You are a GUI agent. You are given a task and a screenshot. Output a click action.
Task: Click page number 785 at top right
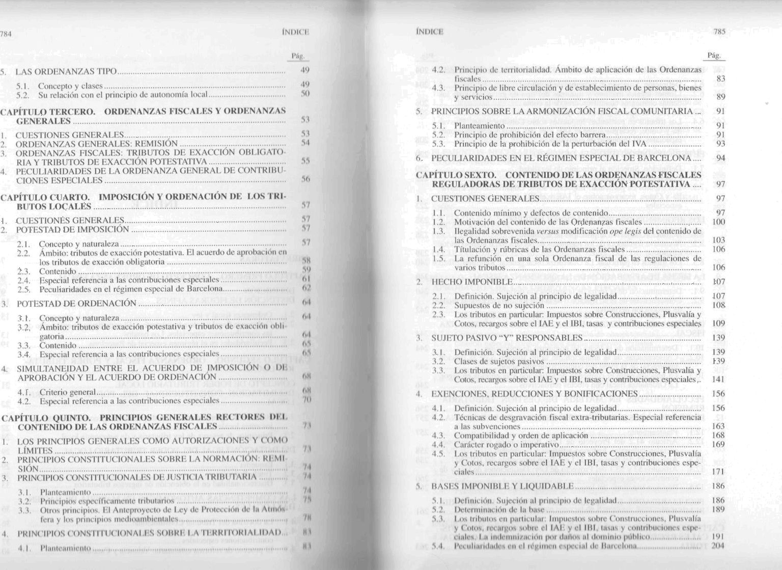pos(719,32)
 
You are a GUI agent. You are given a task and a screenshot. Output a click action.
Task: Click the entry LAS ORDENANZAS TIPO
pos(66,71)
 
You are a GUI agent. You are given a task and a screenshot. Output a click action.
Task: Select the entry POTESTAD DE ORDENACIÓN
pos(76,304)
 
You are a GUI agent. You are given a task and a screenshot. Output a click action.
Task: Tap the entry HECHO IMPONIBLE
pos(472,282)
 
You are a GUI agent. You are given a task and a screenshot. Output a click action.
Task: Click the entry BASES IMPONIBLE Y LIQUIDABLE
pos(502,486)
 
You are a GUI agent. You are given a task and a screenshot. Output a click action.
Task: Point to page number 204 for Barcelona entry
pos(717,546)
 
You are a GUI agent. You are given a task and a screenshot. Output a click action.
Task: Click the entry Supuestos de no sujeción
pos(499,306)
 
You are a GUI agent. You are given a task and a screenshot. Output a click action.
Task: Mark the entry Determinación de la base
pos(499,509)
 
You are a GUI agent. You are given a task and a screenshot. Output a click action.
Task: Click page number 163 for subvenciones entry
pos(717,426)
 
